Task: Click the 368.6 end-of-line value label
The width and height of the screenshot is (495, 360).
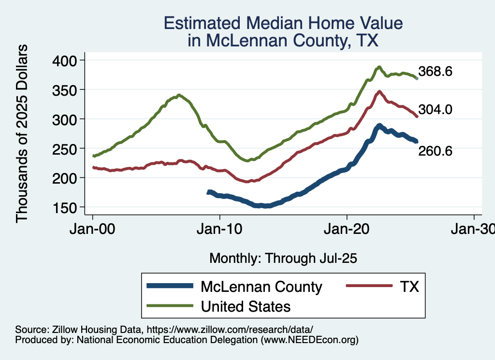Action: click(x=435, y=72)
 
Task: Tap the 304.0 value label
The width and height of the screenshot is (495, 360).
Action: click(x=435, y=110)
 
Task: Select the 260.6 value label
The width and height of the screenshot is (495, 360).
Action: click(x=435, y=151)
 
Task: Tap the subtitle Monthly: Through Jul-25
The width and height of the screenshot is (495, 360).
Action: click(x=283, y=259)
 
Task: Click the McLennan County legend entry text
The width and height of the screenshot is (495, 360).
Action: click(x=261, y=287)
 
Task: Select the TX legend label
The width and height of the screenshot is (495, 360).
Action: click(x=408, y=287)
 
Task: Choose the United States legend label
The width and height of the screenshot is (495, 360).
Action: click(x=246, y=306)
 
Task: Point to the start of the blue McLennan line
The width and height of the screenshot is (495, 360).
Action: click(x=208, y=192)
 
